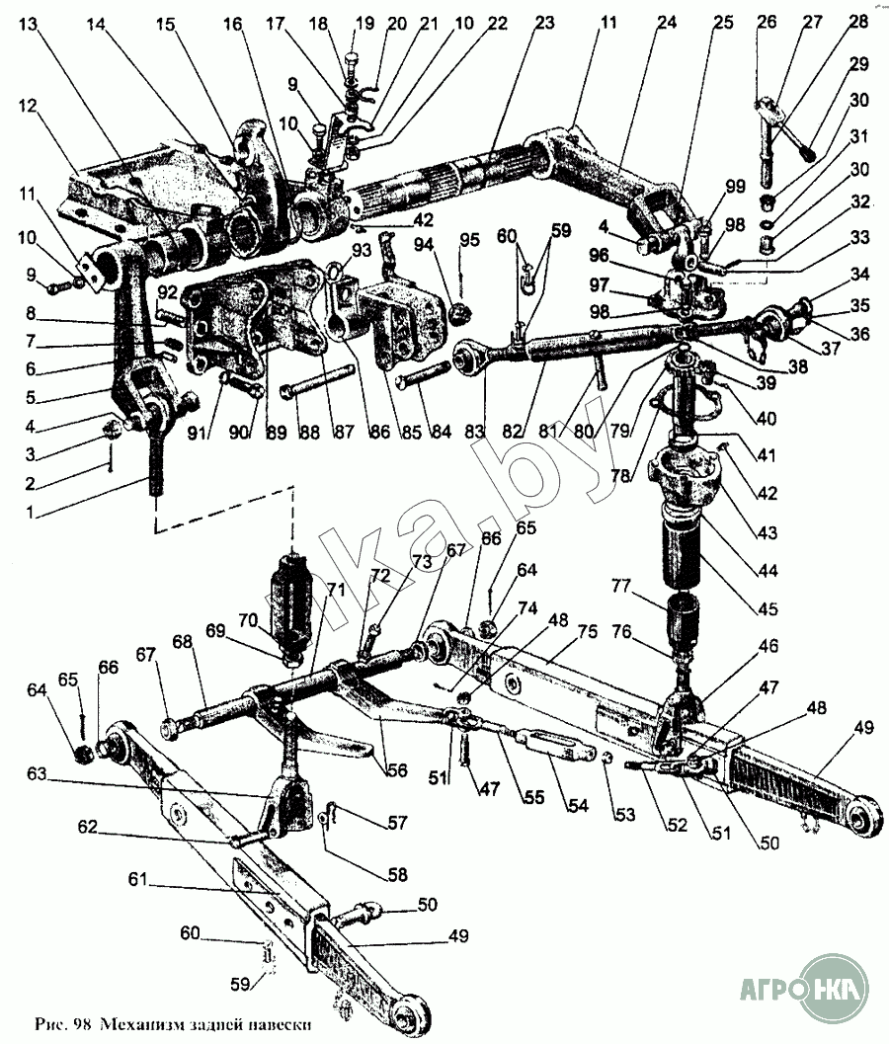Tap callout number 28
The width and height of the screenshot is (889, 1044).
coord(858,22)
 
